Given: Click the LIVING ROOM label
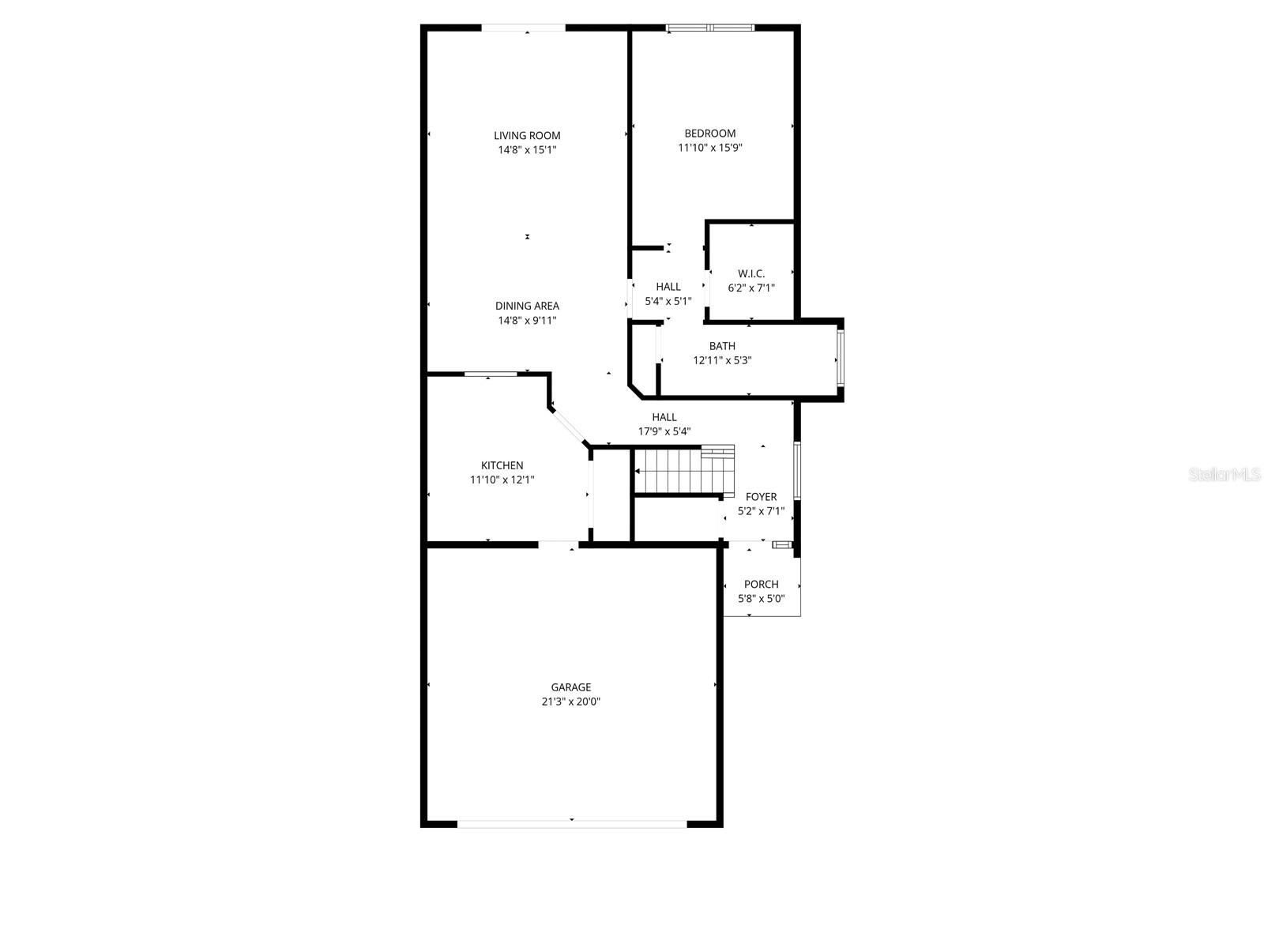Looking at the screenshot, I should click(527, 135).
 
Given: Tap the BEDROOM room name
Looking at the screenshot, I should click(709, 134).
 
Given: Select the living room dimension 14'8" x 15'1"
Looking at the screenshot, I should click(527, 149).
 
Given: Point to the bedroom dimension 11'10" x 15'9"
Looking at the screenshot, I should click(709, 148).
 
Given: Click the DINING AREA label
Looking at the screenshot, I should click(527, 306).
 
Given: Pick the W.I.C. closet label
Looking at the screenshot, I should click(751, 274).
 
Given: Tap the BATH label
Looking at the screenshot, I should click(722, 346).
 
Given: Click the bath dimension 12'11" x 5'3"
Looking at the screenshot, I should click(722, 360).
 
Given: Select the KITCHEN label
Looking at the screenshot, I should click(502, 465).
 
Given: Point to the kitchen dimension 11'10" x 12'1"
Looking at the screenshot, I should click(502, 480).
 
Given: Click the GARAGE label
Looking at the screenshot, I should click(570, 687).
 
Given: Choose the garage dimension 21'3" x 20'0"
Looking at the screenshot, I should click(570, 702).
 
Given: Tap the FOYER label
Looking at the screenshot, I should click(761, 497).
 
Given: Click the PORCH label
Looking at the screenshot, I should click(761, 585).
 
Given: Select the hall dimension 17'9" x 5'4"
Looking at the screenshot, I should click(664, 431).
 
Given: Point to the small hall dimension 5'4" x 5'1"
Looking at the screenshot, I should click(668, 301).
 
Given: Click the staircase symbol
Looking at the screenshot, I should click(683, 469).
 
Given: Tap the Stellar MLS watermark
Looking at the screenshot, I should click(1224, 475).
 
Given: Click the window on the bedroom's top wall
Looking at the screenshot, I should click(709, 28).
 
